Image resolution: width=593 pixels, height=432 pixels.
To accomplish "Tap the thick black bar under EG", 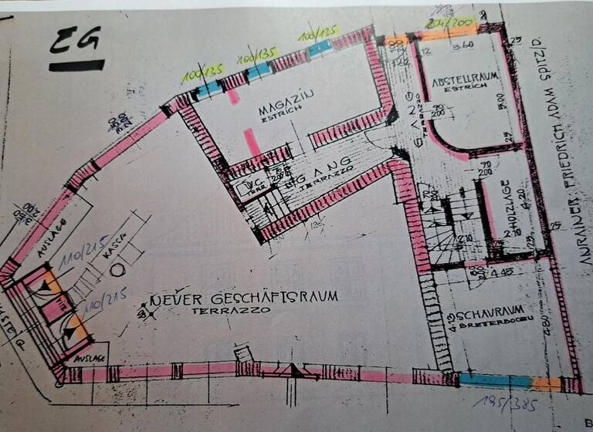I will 76,66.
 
